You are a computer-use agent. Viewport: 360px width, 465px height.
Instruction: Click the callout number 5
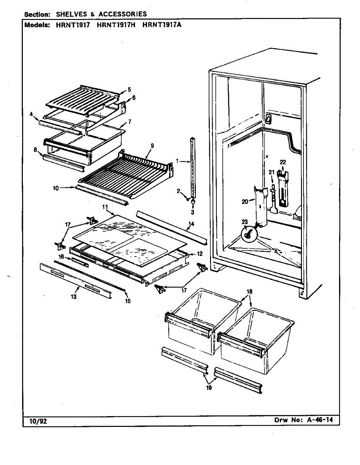(x=129, y=90)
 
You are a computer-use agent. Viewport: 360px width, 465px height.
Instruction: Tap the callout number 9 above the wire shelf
(x=152, y=146)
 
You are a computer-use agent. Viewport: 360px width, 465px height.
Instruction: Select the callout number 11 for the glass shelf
(x=105, y=208)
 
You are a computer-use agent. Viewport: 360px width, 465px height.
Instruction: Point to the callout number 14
(x=191, y=224)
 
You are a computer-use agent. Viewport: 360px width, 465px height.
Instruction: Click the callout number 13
(x=73, y=296)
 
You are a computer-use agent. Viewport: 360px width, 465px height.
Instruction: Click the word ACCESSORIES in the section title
(x=123, y=14)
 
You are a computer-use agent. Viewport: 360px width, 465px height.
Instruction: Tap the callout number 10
(x=56, y=188)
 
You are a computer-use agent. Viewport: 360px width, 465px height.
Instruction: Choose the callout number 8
(x=35, y=150)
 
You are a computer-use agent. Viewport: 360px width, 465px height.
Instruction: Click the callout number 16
(x=61, y=257)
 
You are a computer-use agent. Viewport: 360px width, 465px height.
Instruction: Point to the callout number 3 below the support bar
(x=192, y=212)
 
